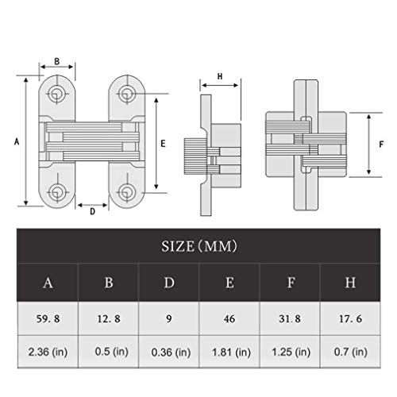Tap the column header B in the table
click(x=108, y=283)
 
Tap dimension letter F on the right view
click(x=382, y=144)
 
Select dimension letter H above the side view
click(x=219, y=77)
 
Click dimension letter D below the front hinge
click(x=92, y=211)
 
